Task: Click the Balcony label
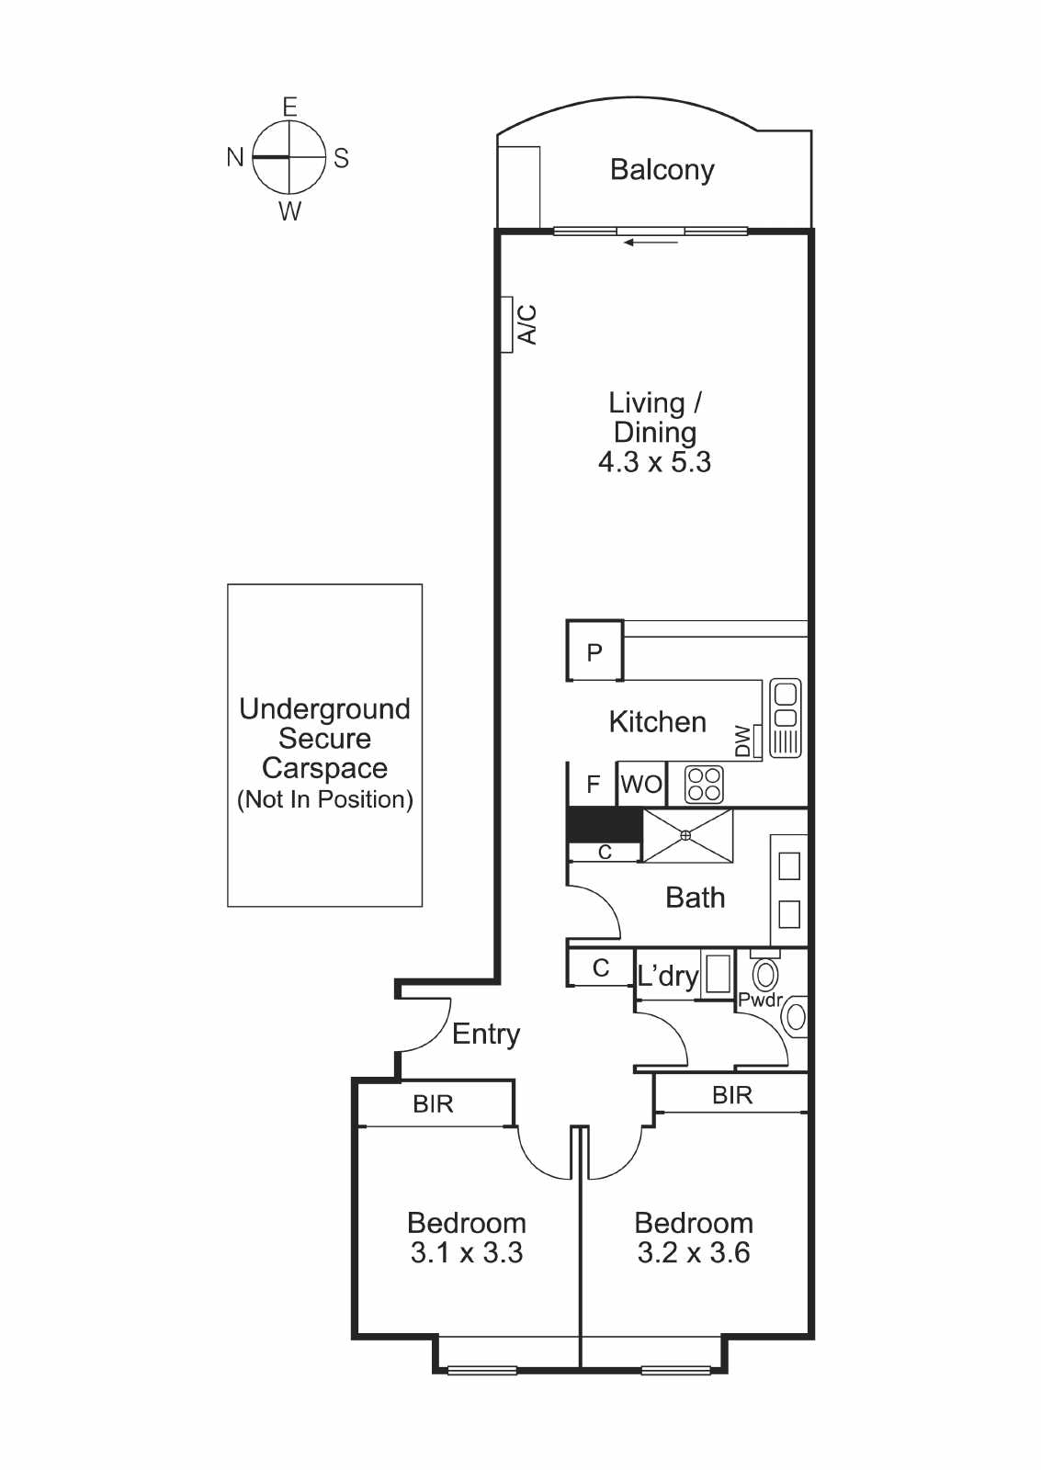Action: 662,170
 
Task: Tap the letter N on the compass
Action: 235,157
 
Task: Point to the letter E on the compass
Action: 289,107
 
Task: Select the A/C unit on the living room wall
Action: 506,324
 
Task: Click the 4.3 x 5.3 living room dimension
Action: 654,462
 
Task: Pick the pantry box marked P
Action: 594,650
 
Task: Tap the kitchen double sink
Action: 785,718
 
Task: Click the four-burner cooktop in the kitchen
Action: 704,785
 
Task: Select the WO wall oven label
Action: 641,785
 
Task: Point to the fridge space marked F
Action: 593,784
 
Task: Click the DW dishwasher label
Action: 742,741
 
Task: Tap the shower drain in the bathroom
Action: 686,835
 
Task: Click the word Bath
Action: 696,898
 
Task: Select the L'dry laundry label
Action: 668,976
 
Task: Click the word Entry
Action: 486,1035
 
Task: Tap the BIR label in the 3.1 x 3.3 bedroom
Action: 433,1104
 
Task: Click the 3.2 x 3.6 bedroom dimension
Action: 693,1253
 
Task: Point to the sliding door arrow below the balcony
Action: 651,243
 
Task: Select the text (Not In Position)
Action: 325,799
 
